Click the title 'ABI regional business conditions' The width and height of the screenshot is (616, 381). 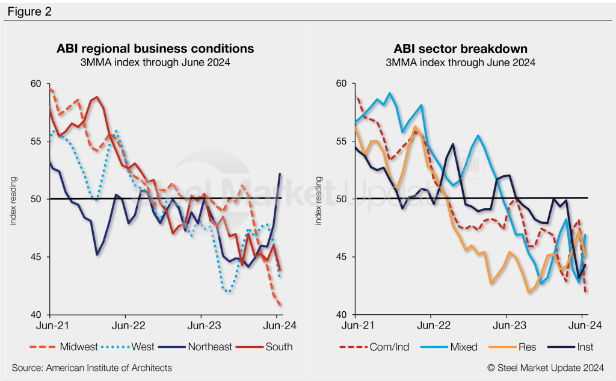[x=155, y=48]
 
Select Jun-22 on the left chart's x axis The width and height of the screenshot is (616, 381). [x=125, y=326]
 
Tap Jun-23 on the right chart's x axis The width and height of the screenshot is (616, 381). [x=507, y=326]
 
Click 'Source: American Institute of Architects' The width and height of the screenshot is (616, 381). [x=91, y=367]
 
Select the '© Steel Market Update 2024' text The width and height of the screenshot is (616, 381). [x=546, y=367]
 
